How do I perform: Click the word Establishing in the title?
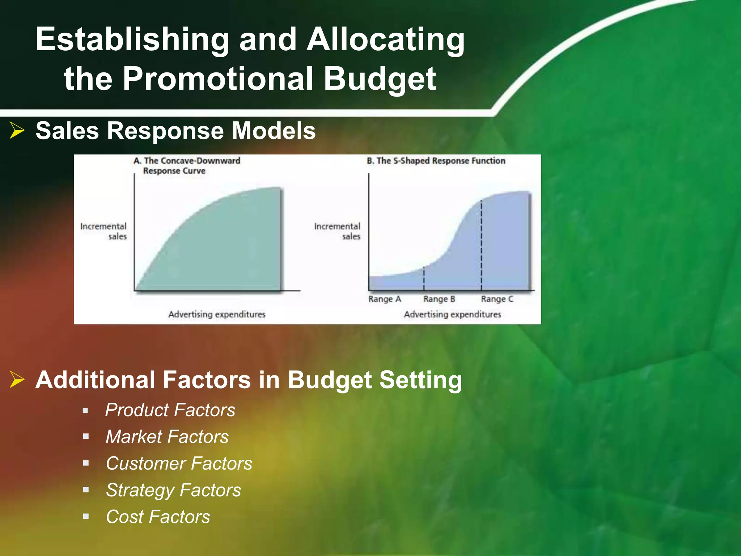tap(132, 40)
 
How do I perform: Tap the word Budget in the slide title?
tap(380, 79)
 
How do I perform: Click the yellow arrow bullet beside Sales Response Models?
tap(17, 130)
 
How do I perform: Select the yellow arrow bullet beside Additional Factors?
tap(17, 379)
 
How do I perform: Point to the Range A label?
tap(385, 299)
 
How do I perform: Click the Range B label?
tap(439, 299)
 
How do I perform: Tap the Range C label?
tap(497, 299)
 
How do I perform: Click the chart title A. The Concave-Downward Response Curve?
tap(187, 165)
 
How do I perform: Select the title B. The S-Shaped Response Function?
tap(436, 161)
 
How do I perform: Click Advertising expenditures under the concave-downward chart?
tap(217, 314)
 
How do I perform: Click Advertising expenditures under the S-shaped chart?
tap(452, 314)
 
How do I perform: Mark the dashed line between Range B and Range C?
tap(481, 246)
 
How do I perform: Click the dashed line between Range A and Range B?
tap(424, 279)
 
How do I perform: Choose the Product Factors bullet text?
tap(170, 410)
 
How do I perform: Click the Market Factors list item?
tap(167, 437)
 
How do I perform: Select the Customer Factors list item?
tap(179, 463)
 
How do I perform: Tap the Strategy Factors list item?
tap(173, 490)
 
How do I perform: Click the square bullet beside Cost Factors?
tap(86, 517)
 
